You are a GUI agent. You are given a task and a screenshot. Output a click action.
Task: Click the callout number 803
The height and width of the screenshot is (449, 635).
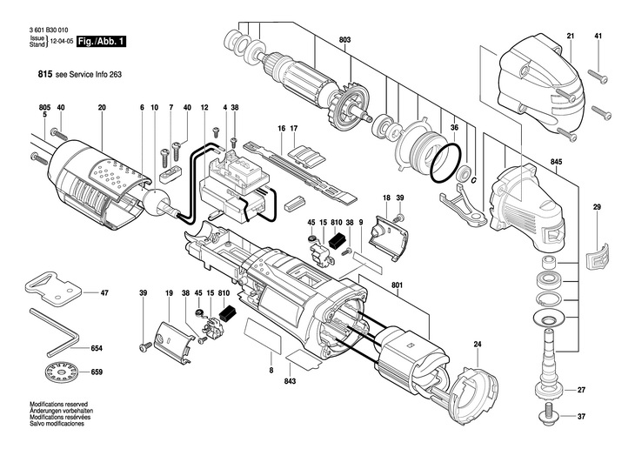344,41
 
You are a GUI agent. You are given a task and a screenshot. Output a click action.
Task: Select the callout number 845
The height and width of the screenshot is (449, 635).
555,161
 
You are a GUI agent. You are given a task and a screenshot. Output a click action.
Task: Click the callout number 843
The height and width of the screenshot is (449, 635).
291,380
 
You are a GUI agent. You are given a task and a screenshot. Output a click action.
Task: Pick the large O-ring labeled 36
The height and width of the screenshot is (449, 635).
448,159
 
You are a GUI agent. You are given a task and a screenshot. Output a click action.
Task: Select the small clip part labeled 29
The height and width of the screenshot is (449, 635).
596,255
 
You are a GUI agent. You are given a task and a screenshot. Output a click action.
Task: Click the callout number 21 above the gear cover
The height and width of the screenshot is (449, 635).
571,35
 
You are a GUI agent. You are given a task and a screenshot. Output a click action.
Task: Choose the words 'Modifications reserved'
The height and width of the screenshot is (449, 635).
56,405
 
